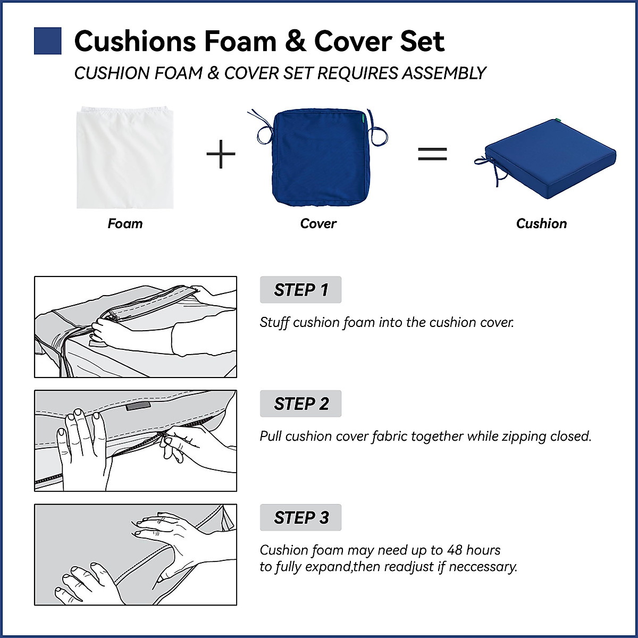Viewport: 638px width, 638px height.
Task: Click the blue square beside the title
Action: pos(47,41)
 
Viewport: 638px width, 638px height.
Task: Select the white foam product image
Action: pos(125,157)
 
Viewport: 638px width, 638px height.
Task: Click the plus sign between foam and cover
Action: pos(221,154)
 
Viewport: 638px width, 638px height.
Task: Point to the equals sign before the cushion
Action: pos(432,154)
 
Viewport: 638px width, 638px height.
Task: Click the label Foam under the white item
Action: pos(125,223)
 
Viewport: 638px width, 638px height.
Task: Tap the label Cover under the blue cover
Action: pos(318,223)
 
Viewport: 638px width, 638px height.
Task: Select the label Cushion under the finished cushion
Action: pos(541,223)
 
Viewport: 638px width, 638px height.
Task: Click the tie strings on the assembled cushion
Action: pos(492,168)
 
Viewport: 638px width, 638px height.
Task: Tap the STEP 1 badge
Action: pos(300,290)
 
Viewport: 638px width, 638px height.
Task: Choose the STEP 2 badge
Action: pos(300,404)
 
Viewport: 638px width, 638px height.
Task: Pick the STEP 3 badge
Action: pos(300,517)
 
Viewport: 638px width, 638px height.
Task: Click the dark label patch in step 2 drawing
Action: pos(138,406)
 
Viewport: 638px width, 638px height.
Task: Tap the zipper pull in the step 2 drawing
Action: pos(164,440)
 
